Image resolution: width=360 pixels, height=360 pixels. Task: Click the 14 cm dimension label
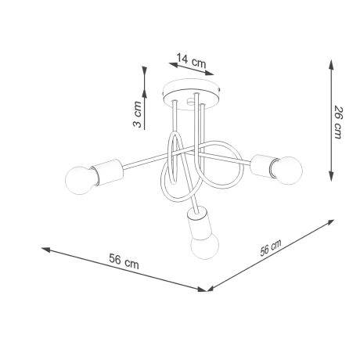click(192, 59)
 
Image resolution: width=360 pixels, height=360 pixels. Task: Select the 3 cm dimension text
click(137, 114)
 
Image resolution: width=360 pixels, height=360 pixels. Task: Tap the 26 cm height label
click(337, 122)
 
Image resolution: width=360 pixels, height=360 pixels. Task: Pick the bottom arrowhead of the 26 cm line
click(330, 177)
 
